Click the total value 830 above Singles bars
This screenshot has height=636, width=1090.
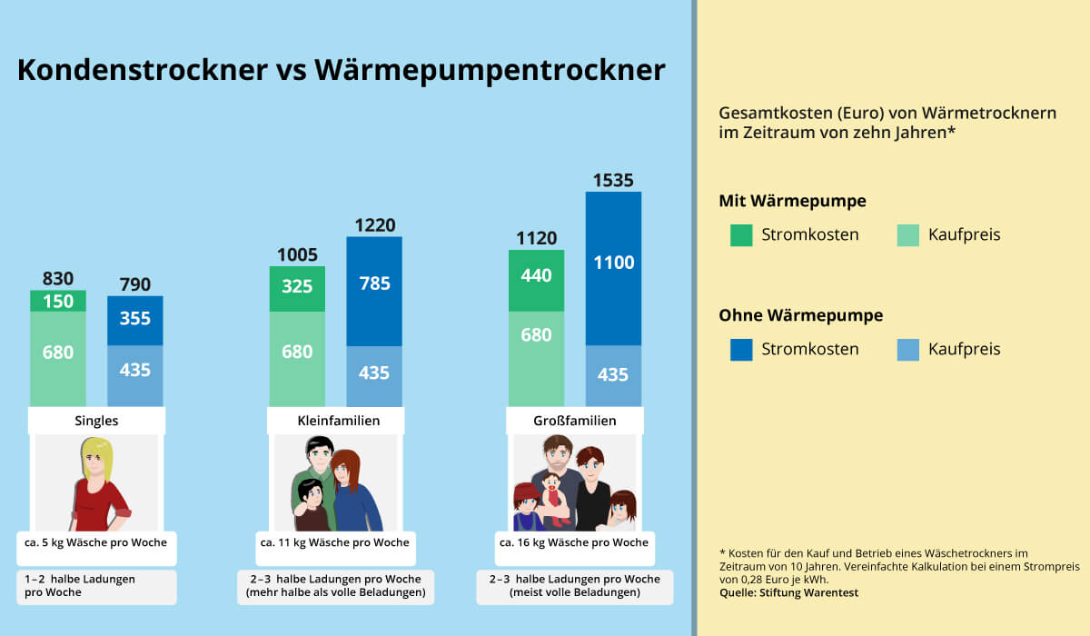[58, 279]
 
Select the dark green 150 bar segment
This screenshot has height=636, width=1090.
[58, 301]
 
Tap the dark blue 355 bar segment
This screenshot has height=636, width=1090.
[135, 320]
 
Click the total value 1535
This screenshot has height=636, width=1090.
[613, 180]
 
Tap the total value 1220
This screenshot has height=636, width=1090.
[374, 225]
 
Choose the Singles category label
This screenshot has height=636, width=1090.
[96, 421]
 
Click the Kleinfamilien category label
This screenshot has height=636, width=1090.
[338, 421]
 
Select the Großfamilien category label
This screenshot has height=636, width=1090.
[574, 421]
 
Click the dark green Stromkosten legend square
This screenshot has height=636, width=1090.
[741, 235]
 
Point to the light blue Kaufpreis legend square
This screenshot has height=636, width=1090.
[908, 350]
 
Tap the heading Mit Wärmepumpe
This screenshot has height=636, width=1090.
[792, 201]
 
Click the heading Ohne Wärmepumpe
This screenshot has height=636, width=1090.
[800, 315]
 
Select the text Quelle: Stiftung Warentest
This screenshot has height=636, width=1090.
[788, 593]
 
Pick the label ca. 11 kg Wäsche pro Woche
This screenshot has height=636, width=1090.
[334, 542]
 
